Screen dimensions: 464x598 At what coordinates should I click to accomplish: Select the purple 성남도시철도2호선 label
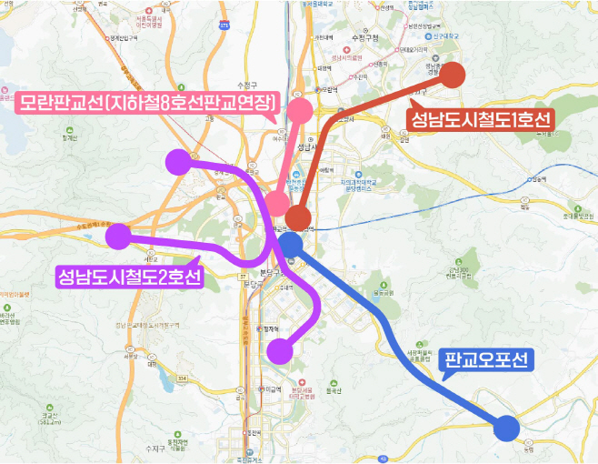(128, 277)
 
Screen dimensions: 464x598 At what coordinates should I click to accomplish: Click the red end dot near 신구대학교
(452, 75)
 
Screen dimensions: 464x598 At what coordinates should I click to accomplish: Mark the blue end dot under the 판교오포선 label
(507, 427)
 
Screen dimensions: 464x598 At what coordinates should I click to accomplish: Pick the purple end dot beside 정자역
(282, 350)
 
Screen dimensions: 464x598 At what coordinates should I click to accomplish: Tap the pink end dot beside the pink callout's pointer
(299, 109)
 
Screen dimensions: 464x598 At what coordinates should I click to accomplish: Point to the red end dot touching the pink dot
(298, 217)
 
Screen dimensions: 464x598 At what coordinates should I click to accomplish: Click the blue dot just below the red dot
(290, 243)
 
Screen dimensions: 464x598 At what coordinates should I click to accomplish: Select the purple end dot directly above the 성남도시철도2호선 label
(117, 237)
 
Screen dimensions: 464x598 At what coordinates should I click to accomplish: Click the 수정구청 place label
(364, 37)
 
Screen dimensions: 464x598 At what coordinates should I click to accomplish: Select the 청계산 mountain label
(65, 138)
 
